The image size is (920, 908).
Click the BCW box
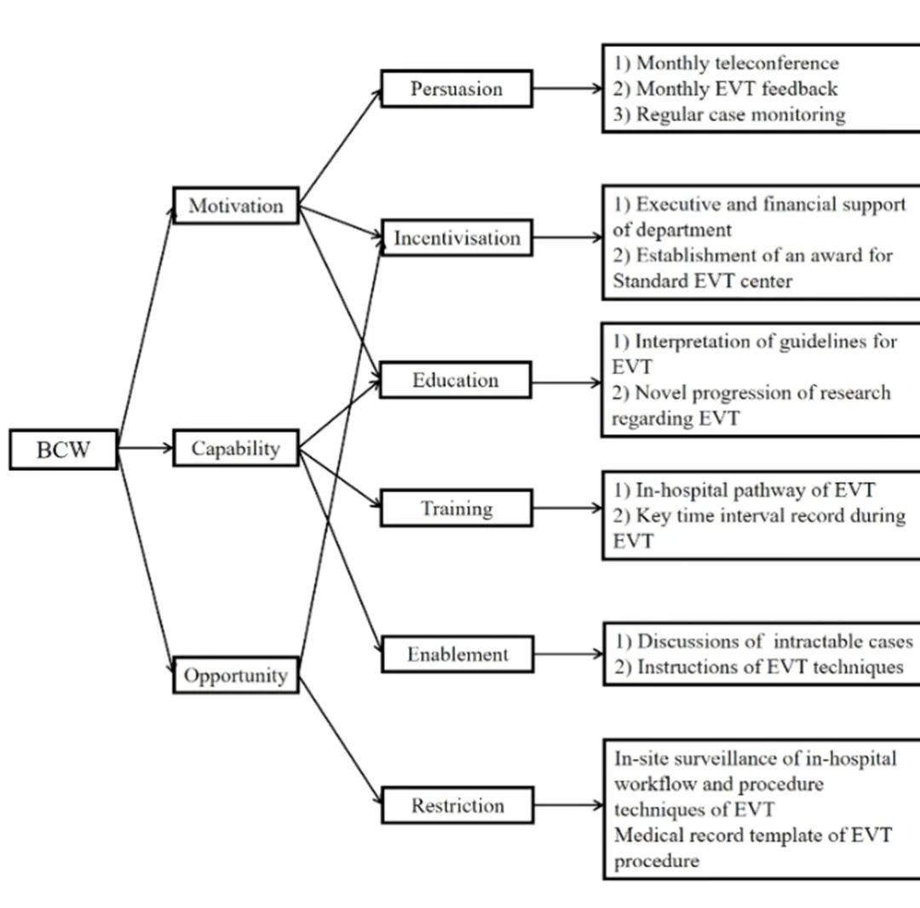click(63, 449)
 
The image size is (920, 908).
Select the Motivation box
click(236, 206)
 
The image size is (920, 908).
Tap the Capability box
click(236, 449)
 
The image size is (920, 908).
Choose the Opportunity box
click(236, 675)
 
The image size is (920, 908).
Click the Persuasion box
click(457, 89)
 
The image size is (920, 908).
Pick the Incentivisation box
click(457, 238)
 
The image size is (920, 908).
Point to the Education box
click(456, 380)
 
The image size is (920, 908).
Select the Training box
click(457, 509)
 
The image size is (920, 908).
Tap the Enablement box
click(457, 654)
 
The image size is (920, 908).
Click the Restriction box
click(457, 805)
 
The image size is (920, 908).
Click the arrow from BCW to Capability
click(145, 448)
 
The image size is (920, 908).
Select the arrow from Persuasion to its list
click(567, 88)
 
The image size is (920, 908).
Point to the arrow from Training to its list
click(567, 509)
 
